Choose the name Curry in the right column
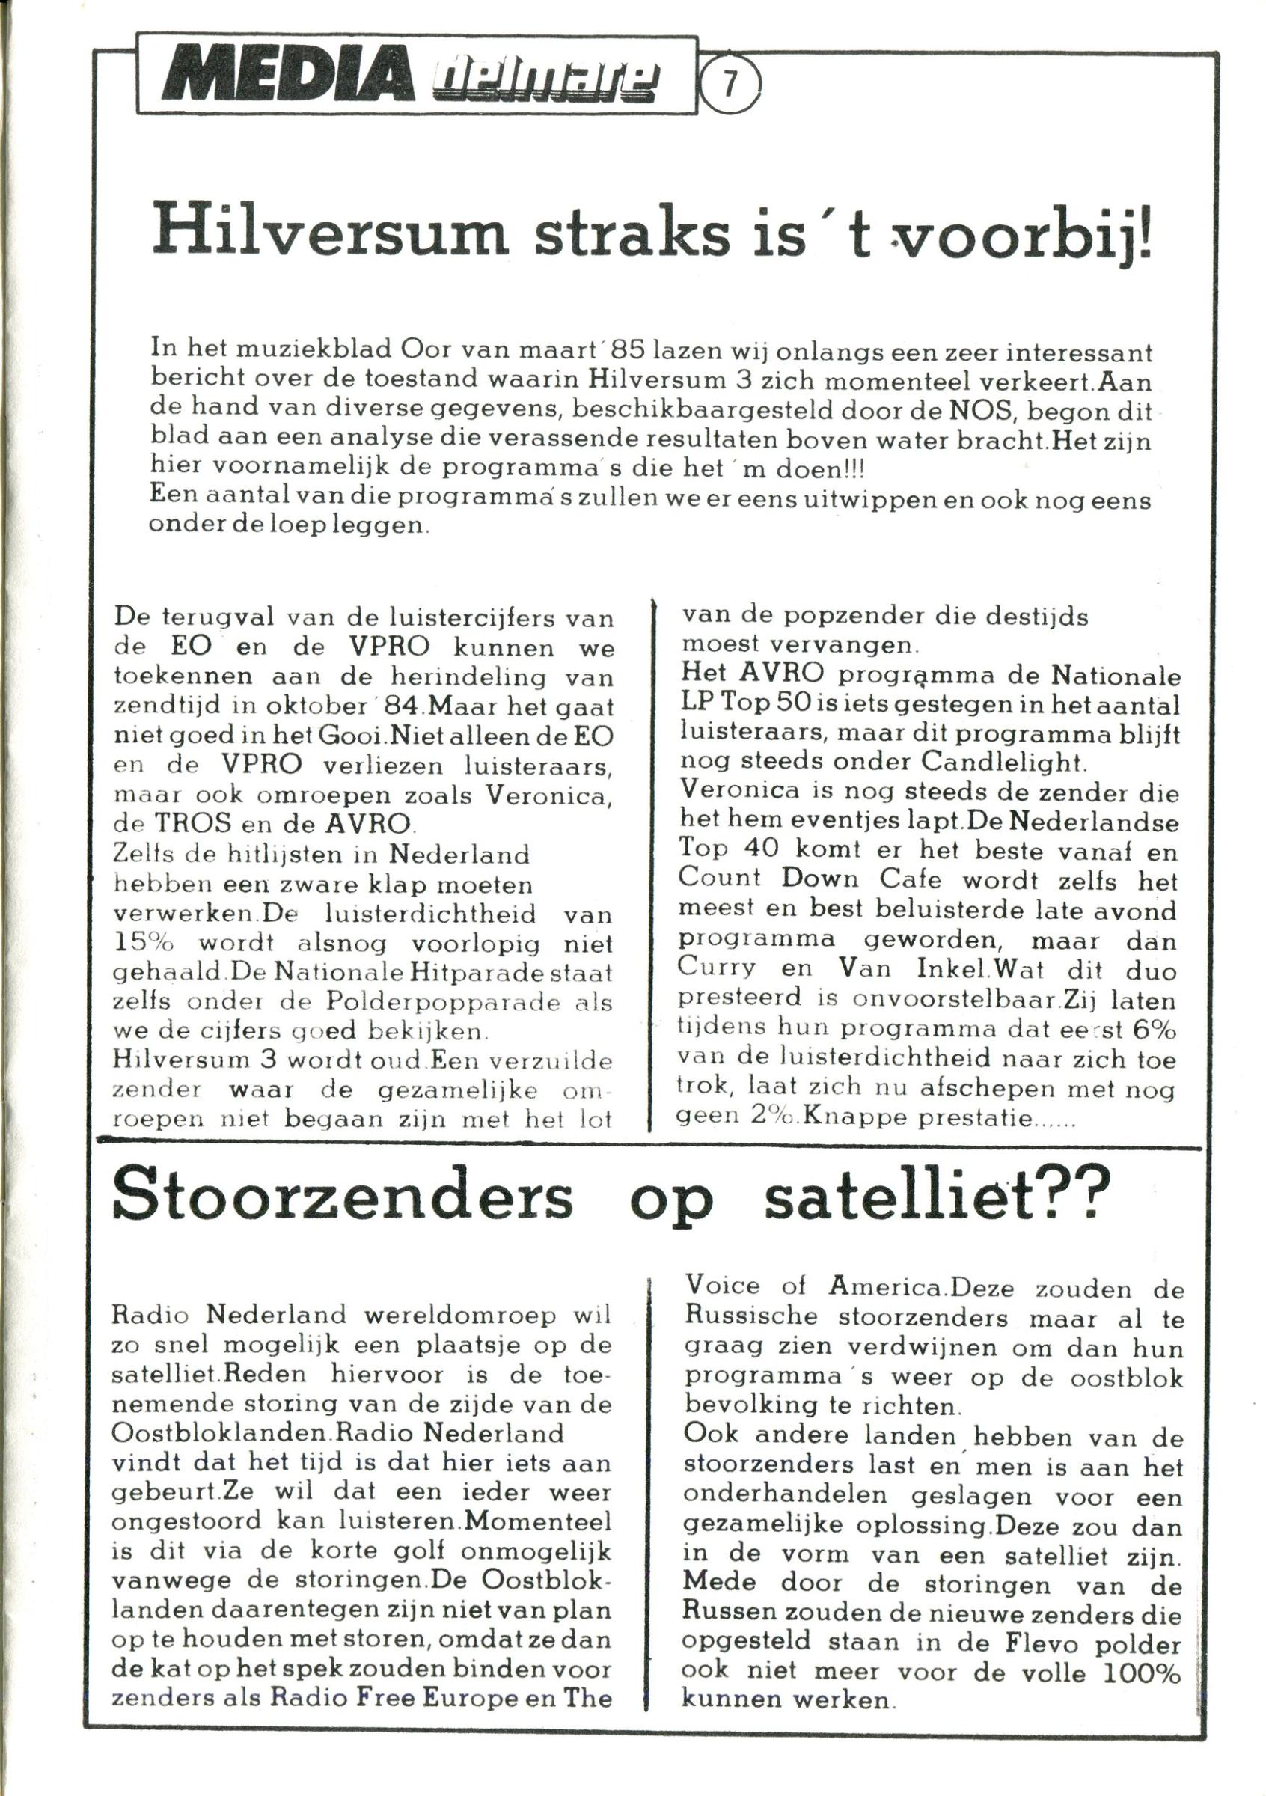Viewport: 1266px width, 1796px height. pyautogui.click(x=717, y=968)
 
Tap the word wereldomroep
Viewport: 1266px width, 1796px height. pyautogui.click(x=461, y=1315)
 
